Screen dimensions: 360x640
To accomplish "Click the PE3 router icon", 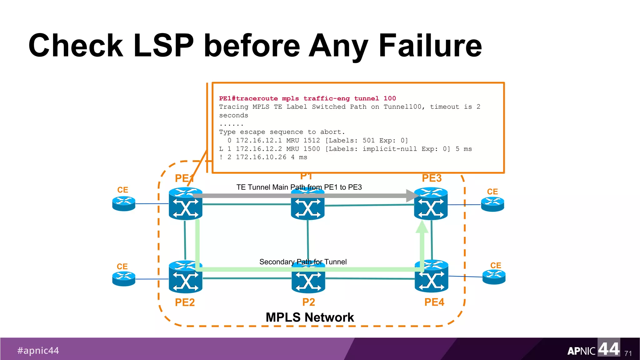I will (x=431, y=205).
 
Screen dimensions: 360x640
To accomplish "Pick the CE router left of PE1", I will (x=124, y=203).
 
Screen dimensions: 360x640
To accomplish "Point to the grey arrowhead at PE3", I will (x=412, y=196).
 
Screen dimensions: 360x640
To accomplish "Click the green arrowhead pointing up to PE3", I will (x=422, y=227).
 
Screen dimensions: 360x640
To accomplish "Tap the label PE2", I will (x=185, y=302).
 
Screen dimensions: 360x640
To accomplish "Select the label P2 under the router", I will (x=308, y=302).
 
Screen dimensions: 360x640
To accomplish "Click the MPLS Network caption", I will (x=309, y=317).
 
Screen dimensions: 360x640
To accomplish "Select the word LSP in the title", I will (x=163, y=46).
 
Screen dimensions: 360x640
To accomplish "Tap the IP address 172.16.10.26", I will (x=261, y=157).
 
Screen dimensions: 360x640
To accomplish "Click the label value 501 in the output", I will (x=368, y=140).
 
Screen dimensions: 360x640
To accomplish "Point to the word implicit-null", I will (x=389, y=149).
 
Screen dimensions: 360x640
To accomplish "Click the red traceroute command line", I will (x=307, y=98).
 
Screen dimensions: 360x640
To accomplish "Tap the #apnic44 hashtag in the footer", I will (x=38, y=350).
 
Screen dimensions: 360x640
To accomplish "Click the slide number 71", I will (x=628, y=353).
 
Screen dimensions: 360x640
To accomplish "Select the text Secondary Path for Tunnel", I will (x=303, y=262).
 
